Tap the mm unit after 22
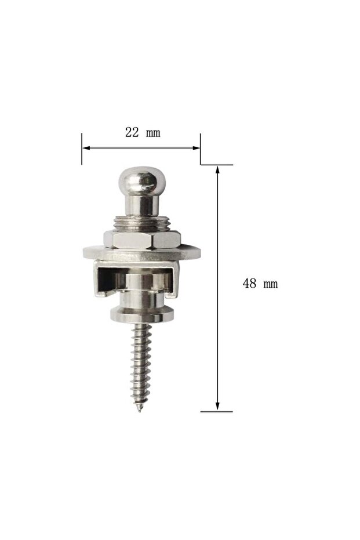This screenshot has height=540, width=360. tap(153, 133)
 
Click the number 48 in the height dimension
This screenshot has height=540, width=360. tap(249, 284)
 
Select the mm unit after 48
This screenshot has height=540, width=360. tap(271, 284)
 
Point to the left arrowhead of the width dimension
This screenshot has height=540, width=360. tap(86, 148)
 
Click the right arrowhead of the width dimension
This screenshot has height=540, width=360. tap(196, 148)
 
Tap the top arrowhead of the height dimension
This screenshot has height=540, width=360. tap(217, 169)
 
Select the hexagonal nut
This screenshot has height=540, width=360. tap(142, 240)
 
